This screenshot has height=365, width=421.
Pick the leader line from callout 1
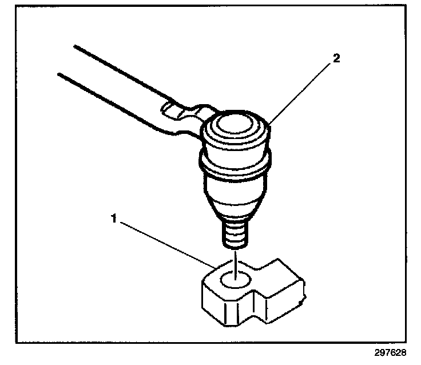166,244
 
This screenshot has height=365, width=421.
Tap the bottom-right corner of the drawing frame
406,342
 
